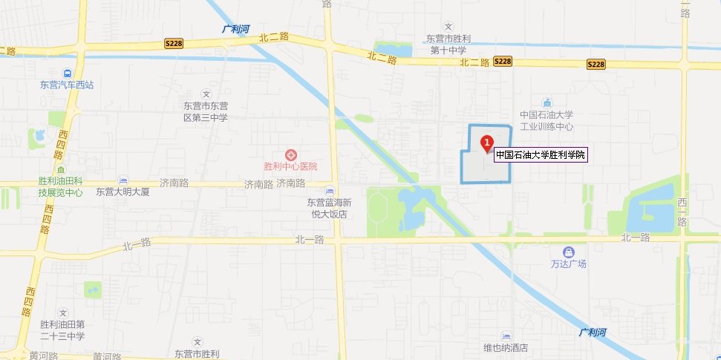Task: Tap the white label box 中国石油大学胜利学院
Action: pyautogui.click(x=541, y=155)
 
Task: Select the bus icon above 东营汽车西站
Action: pyautogui.click(x=68, y=73)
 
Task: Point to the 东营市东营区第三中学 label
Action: pyautogui.click(x=206, y=112)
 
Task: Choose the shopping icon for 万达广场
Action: pyautogui.click(x=569, y=252)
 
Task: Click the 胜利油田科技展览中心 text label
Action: pyautogui.click(x=61, y=187)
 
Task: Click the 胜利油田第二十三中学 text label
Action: pyautogui.click(x=63, y=330)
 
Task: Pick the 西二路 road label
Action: pyautogui.click(x=682, y=212)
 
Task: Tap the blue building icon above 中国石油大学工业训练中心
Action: pyautogui.click(x=547, y=102)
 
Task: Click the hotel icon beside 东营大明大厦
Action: pyautogui.click(x=123, y=180)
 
